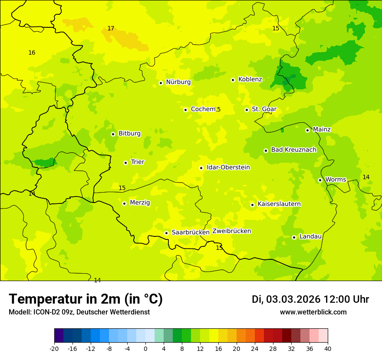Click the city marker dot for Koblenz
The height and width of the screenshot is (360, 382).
(x=233, y=80)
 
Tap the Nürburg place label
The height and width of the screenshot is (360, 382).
(x=178, y=82)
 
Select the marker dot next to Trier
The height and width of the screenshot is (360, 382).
(x=125, y=163)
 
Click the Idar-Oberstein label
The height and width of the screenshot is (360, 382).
(x=228, y=167)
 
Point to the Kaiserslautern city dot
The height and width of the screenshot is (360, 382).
(x=252, y=205)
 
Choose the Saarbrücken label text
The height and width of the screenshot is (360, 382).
(x=191, y=232)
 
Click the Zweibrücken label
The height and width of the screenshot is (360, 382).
(x=231, y=231)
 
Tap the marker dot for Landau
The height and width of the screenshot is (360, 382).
(x=294, y=237)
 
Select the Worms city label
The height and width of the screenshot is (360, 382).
(x=336, y=180)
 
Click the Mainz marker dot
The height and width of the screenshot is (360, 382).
(x=307, y=130)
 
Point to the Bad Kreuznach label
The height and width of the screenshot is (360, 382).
(x=293, y=150)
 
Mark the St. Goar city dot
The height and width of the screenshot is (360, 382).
(x=247, y=110)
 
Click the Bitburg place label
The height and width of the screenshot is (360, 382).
(x=129, y=134)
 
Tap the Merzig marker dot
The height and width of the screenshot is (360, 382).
(x=124, y=203)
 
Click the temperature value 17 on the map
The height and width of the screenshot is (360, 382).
(x=111, y=29)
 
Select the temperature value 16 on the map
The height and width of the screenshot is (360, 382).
(x=32, y=53)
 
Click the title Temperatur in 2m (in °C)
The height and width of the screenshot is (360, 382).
(x=86, y=299)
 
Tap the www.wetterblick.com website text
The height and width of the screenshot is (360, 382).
(x=313, y=312)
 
